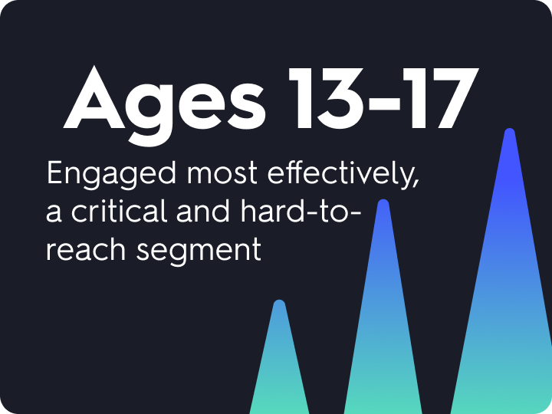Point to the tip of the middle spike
[x=383, y=205]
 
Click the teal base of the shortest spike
[x=279, y=402]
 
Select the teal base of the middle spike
[x=383, y=402]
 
